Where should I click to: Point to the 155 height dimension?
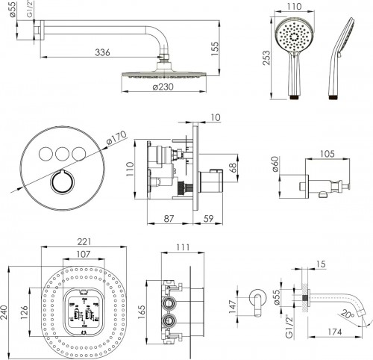(214, 46)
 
